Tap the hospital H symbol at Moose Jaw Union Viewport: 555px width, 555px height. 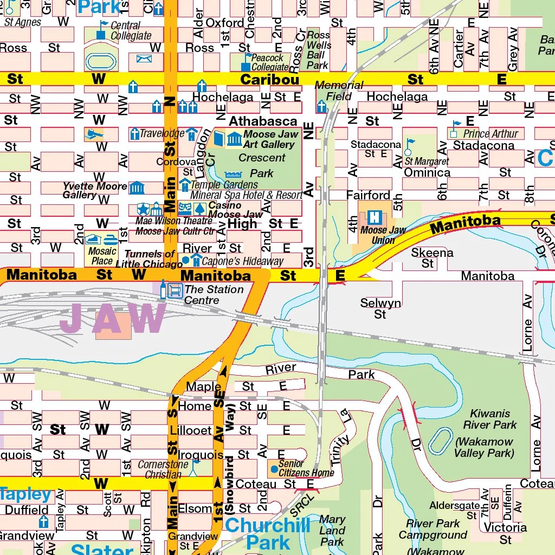point(374,217)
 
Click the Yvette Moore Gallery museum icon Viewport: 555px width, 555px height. point(137,188)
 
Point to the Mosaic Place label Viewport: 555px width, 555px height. point(102,256)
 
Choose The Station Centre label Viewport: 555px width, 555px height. point(214,294)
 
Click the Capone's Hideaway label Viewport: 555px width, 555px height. point(242,261)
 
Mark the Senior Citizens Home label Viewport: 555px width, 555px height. point(306,469)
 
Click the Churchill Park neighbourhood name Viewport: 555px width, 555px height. point(268,534)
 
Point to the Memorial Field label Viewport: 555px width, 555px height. point(339,91)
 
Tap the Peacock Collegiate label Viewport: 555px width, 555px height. point(269,62)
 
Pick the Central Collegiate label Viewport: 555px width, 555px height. point(131,31)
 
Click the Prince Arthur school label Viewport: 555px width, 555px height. point(491,134)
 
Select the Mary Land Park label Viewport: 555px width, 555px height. point(332,530)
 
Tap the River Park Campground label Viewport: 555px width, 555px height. point(433,529)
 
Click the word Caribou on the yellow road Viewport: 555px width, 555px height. point(269,80)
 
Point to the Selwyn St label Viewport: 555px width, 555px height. point(380,308)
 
